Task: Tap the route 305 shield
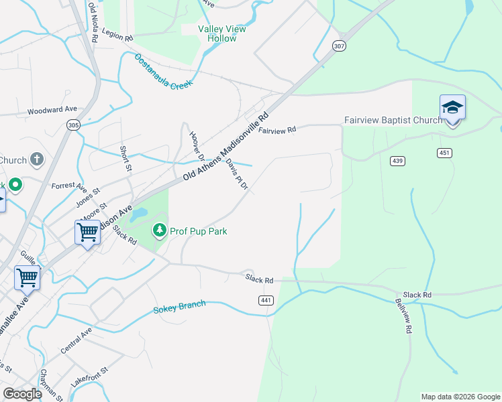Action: (x=73, y=125)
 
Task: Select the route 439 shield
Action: (x=397, y=160)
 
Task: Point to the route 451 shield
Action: (x=444, y=153)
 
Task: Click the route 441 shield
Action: (x=266, y=301)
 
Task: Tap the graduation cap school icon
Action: (x=452, y=108)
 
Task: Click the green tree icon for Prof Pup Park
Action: (x=160, y=231)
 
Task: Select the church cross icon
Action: (x=37, y=160)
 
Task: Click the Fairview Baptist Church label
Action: (x=393, y=121)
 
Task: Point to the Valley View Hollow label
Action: (x=221, y=33)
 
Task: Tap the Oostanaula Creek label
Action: (x=163, y=72)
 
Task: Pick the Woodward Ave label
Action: (x=52, y=109)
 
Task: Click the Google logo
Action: (x=23, y=394)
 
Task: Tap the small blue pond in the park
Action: (x=139, y=214)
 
